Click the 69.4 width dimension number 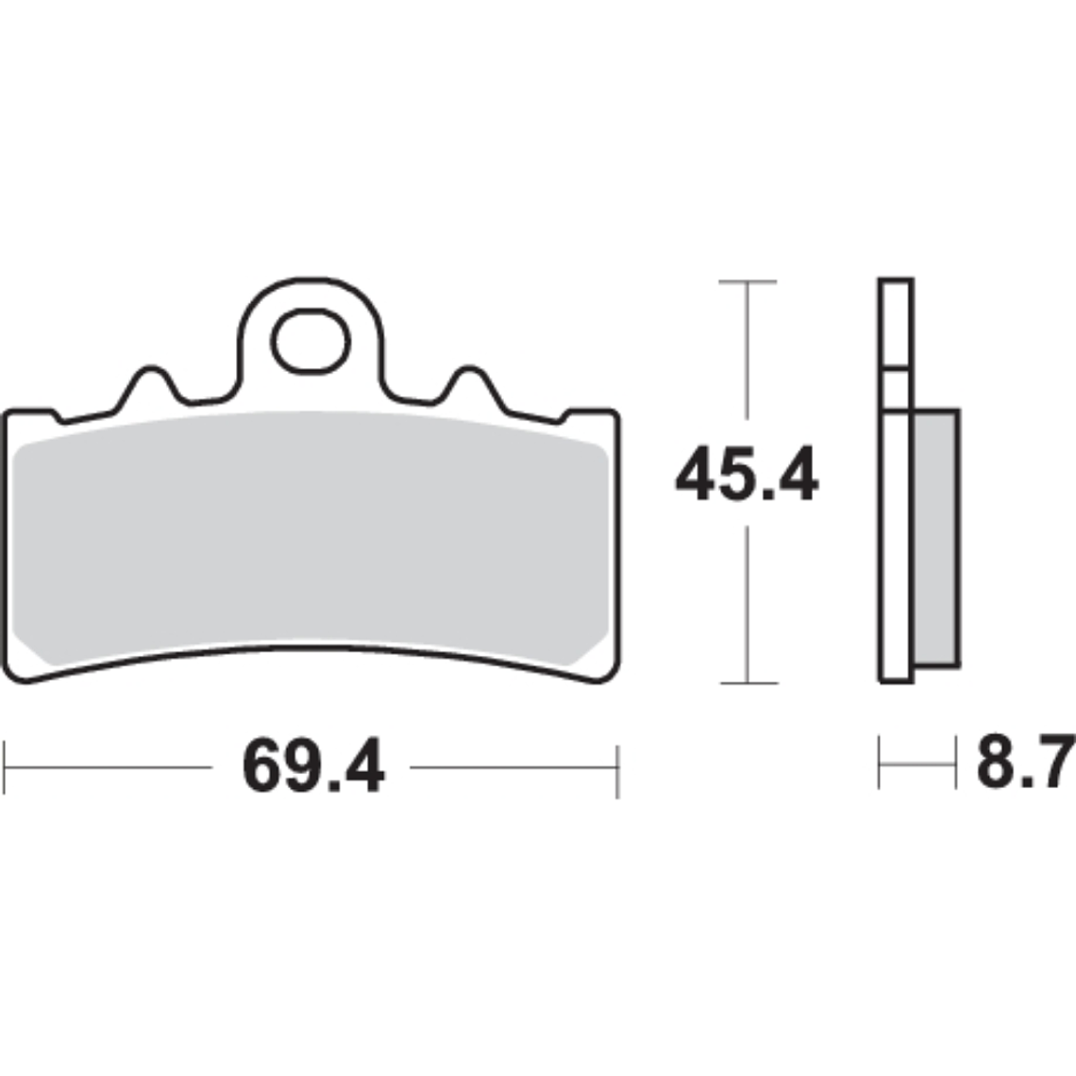313,765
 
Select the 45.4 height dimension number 747,474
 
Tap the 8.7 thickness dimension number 1026,761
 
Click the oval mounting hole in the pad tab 311,342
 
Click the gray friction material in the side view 936,539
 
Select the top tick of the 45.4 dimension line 748,281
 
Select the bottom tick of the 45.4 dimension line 748,682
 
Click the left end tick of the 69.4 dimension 4,767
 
